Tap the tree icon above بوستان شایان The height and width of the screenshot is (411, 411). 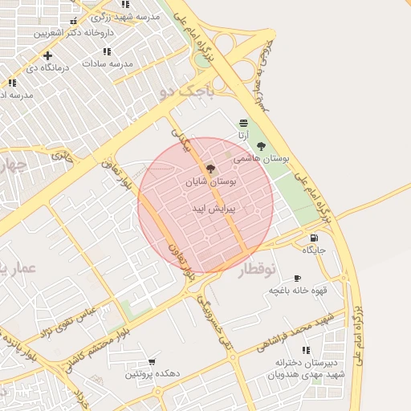211,169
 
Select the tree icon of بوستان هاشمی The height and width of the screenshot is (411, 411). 261,146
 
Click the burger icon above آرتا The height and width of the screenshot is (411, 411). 243,122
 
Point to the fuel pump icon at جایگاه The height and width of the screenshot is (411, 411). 313,238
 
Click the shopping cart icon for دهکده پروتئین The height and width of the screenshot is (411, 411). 153,362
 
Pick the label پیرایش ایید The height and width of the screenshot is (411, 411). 211,208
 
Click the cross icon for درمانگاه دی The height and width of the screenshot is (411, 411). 48,55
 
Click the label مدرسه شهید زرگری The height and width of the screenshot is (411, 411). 125,16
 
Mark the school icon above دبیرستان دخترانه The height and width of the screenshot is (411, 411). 305,350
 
